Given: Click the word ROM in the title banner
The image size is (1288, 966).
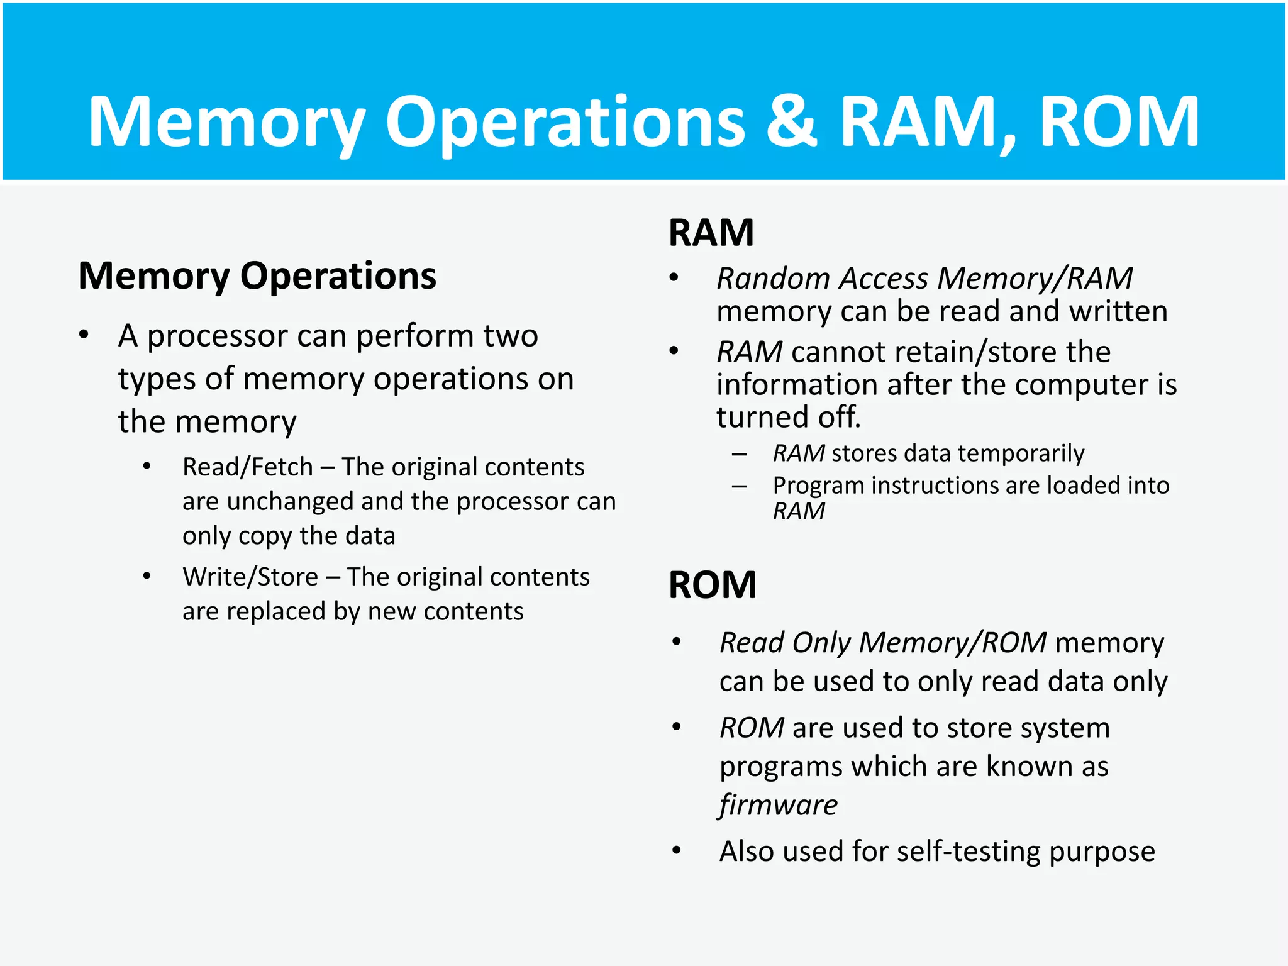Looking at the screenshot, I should pos(1119,122).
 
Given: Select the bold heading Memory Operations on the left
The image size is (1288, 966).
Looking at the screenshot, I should pos(257,276).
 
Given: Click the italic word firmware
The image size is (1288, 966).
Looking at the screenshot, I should pos(779,805).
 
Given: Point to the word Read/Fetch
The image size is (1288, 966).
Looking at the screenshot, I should pos(247,467).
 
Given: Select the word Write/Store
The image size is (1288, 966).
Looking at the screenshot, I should pos(250,577).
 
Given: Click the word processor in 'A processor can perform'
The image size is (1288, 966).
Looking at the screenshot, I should pos(217,336).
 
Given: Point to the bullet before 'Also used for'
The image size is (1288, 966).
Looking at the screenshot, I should pos(676,851).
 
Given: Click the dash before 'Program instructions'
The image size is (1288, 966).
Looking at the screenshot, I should pos(740,486).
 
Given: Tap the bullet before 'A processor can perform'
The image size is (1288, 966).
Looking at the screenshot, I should pos(84,335).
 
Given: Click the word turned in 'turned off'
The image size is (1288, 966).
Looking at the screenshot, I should pos(752,417).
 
